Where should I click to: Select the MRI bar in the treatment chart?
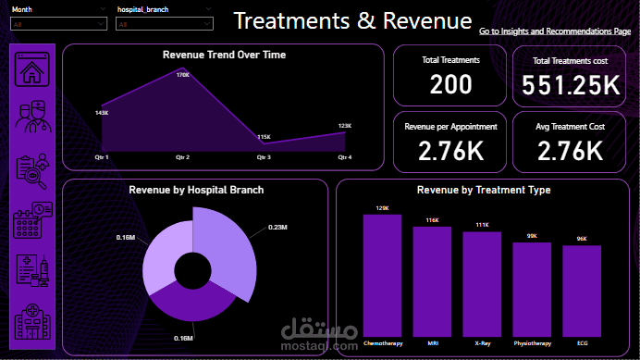pos(432,281)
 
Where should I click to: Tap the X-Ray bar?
pos(482,283)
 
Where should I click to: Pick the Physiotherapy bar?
pos(532,289)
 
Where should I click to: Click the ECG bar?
pos(582,291)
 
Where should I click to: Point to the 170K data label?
pos(183,74)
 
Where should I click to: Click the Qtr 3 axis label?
pos(264,157)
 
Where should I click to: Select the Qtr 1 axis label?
pos(101,157)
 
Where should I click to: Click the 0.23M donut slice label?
pos(277,227)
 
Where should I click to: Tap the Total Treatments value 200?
pos(451,85)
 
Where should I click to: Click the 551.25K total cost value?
pos(570,85)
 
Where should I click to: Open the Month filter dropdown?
pos(58,25)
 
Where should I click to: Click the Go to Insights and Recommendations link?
pos(555,31)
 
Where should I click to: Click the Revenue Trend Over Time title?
pos(224,55)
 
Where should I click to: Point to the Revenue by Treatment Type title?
pos(484,190)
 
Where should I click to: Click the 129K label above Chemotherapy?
pos(381,208)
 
